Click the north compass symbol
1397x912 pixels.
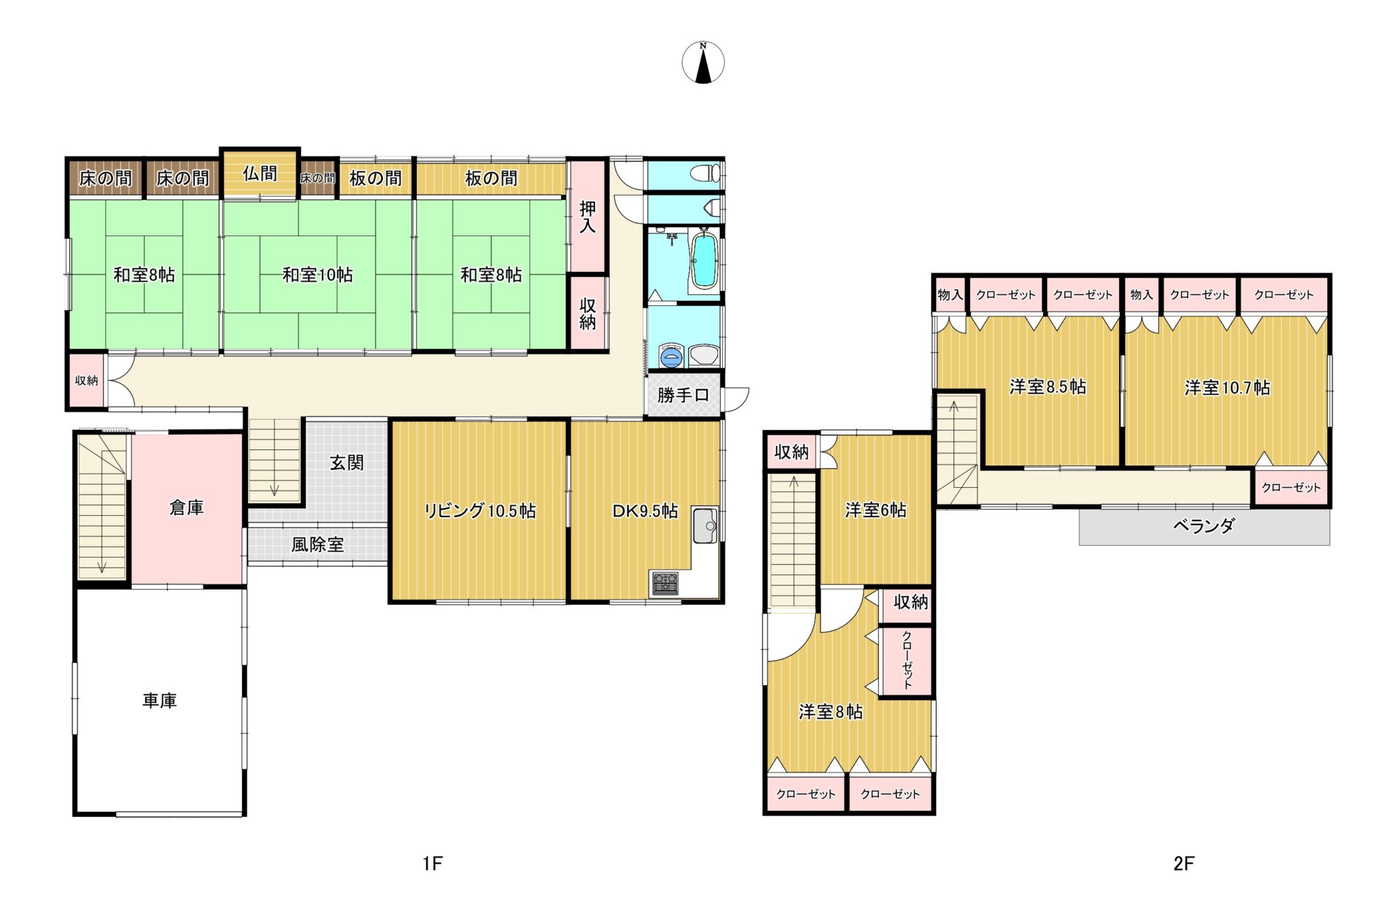(703, 62)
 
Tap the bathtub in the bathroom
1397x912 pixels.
(703, 261)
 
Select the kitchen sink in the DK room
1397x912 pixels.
(705, 525)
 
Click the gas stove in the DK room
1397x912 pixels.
(664, 582)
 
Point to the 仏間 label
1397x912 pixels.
(260, 173)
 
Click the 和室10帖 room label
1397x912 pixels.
(317, 275)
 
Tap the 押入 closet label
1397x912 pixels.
(587, 217)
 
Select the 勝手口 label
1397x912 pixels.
(682, 396)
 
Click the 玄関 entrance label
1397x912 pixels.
(346, 463)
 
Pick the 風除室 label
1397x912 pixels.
(317, 544)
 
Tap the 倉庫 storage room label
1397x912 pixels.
(186, 507)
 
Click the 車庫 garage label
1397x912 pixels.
(159, 700)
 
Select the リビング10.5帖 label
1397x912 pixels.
(480, 511)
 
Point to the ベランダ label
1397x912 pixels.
(1204, 526)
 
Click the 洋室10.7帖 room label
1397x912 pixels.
(1227, 387)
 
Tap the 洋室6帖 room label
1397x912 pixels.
(875, 510)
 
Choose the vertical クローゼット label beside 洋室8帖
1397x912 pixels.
(907, 660)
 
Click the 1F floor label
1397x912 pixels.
(432, 864)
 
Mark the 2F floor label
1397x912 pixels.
(1183, 864)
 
